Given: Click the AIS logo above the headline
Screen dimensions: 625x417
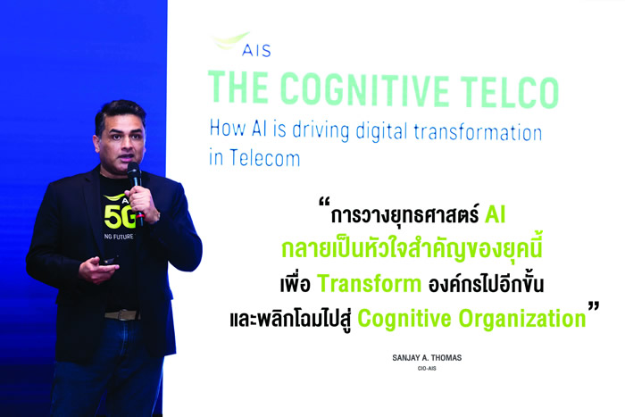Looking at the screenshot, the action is click(242, 45).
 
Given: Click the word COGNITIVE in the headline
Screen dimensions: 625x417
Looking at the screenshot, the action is click(364, 88).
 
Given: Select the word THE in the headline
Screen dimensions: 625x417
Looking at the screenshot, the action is click(238, 87).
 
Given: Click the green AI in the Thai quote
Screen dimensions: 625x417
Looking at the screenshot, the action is click(495, 215).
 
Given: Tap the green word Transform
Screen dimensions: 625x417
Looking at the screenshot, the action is click(369, 284).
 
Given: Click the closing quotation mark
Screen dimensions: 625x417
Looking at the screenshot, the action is click(594, 306).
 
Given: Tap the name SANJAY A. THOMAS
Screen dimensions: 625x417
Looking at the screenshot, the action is click(427, 357).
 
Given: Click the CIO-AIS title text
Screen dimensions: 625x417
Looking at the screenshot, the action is click(427, 369).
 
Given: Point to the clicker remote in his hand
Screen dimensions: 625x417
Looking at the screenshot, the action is click(108, 261).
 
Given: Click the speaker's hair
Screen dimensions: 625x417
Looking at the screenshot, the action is click(119, 113).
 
